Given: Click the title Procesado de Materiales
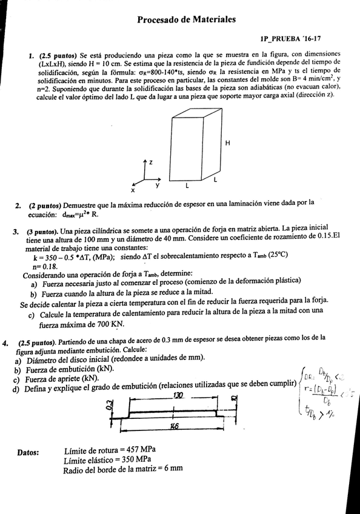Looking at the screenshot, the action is (186, 20).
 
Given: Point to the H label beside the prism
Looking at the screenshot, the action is (227, 143).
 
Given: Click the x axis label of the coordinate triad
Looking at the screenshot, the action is (133, 190).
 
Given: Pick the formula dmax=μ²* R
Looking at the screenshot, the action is (88, 214).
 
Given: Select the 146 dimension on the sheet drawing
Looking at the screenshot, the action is (175, 426).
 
